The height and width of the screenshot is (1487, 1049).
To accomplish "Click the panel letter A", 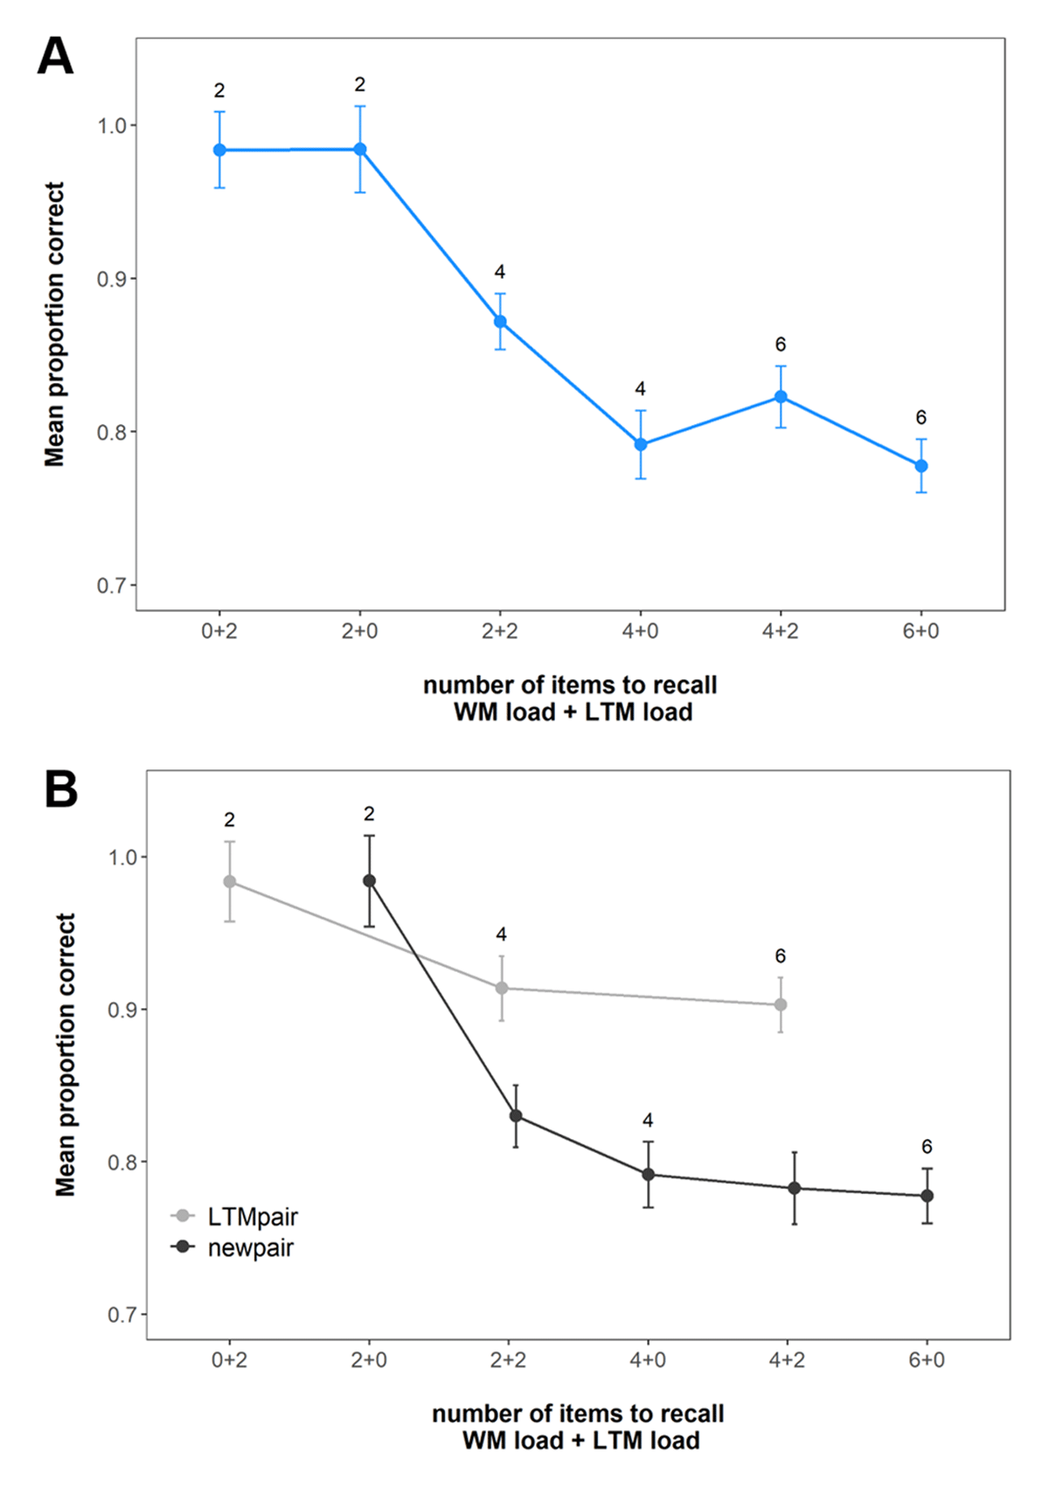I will pos(55,59).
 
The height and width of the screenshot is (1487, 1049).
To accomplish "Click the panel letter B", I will pos(60,789).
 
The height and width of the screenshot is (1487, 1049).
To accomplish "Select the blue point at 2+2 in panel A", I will pos(500,322).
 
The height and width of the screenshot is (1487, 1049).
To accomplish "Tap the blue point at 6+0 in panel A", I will pos(921,466).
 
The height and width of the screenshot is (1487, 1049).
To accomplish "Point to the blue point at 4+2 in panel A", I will pos(781,397).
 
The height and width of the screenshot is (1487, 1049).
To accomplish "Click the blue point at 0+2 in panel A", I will pos(219,150).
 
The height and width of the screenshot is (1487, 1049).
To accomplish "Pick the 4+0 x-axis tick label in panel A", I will pos(640,631).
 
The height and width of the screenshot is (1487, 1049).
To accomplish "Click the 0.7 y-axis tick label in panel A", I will pos(111,585).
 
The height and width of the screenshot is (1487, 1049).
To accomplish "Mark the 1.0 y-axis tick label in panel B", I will pos(122,858).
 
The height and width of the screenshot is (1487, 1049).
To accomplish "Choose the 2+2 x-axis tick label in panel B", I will pos(508,1360).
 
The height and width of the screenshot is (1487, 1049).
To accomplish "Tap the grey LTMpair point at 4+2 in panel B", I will pos(781,1005).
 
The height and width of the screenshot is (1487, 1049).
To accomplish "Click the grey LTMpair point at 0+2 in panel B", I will pos(230,882).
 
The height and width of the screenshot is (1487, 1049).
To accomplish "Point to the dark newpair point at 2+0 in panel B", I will pos(370,881).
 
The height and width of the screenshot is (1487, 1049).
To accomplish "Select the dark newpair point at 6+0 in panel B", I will pos(927,1196).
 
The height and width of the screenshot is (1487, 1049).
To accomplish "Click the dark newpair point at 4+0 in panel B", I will pos(649,1175).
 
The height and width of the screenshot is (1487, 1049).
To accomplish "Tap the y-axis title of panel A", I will pos(55,324).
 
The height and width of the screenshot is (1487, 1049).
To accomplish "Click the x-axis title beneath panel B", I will pos(579,1427).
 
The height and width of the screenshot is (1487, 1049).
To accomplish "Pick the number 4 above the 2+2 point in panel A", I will pos(500,272).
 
